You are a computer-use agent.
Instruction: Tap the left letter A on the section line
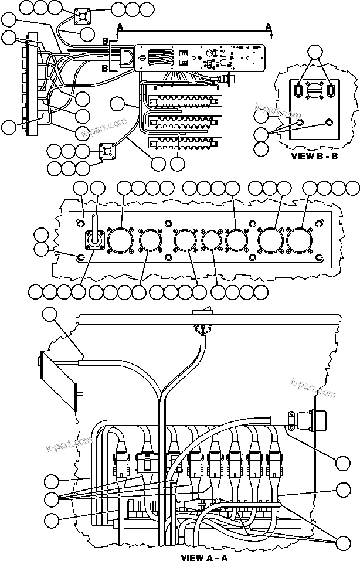coord(120,27)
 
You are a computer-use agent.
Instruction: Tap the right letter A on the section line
coord(269,27)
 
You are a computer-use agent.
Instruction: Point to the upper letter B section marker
coord(105,41)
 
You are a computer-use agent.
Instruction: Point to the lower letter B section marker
coord(105,69)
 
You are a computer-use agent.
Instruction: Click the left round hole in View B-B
coord(300,123)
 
